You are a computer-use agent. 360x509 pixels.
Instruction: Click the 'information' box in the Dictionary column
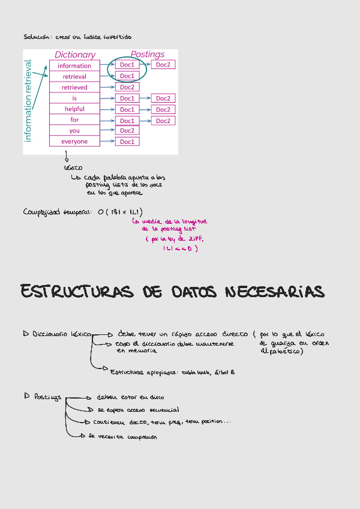tap(74, 65)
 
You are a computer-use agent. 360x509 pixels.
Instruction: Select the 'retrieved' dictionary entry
tap(74, 87)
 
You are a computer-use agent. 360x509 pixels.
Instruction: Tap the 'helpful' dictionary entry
tap(74, 109)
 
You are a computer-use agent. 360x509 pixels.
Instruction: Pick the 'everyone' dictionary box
tap(74, 141)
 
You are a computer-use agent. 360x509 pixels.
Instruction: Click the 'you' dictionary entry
tap(74, 130)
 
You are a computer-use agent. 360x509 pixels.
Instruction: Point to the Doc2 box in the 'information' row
tap(163, 64)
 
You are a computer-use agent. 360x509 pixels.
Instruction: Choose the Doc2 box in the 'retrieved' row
tap(127, 87)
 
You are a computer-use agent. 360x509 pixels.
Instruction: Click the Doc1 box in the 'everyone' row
tap(127, 142)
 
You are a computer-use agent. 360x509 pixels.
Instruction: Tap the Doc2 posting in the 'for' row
tap(163, 121)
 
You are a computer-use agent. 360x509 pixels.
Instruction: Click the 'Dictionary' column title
tap(75, 55)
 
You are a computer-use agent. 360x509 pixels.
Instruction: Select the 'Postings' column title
tap(148, 55)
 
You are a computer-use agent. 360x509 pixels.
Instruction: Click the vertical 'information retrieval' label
tap(28, 100)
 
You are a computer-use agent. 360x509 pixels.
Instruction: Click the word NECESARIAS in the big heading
tap(274, 292)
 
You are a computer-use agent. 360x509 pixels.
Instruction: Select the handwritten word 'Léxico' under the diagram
tap(73, 167)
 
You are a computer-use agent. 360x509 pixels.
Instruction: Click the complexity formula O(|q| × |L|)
tap(119, 212)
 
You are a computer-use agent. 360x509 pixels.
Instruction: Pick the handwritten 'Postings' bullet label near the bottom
tap(47, 397)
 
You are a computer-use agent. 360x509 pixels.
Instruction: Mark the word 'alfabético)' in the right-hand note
tap(282, 352)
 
